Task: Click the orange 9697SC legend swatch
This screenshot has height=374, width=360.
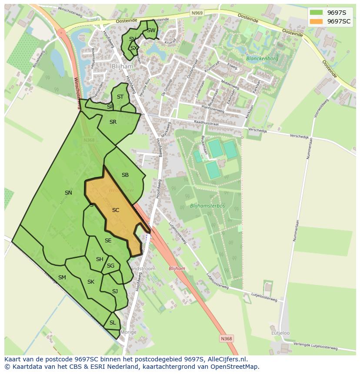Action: [x=317, y=21]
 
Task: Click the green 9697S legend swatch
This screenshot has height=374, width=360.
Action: [x=317, y=12]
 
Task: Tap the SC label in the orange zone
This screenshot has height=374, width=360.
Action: [x=116, y=210]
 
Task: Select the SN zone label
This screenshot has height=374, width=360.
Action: [x=68, y=193]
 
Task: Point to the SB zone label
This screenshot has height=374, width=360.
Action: [x=125, y=175]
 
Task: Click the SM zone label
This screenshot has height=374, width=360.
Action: [x=62, y=278]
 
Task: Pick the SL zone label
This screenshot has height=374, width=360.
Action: [x=113, y=323]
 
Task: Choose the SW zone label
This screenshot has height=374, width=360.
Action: [x=151, y=30]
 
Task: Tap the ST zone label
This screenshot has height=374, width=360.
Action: [x=120, y=97]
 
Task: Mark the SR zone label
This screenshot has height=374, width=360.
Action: [x=113, y=122]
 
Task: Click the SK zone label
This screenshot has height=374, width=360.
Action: [x=90, y=282]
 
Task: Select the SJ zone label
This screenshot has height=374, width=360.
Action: [x=115, y=291]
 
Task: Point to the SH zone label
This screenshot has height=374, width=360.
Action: [x=100, y=259]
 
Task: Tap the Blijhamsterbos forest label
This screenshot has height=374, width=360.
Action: [x=207, y=206]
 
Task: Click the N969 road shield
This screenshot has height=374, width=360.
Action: [x=197, y=13]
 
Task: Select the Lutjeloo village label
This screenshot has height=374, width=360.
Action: [x=280, y=333]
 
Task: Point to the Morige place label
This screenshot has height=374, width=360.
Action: [x=129, y=332]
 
